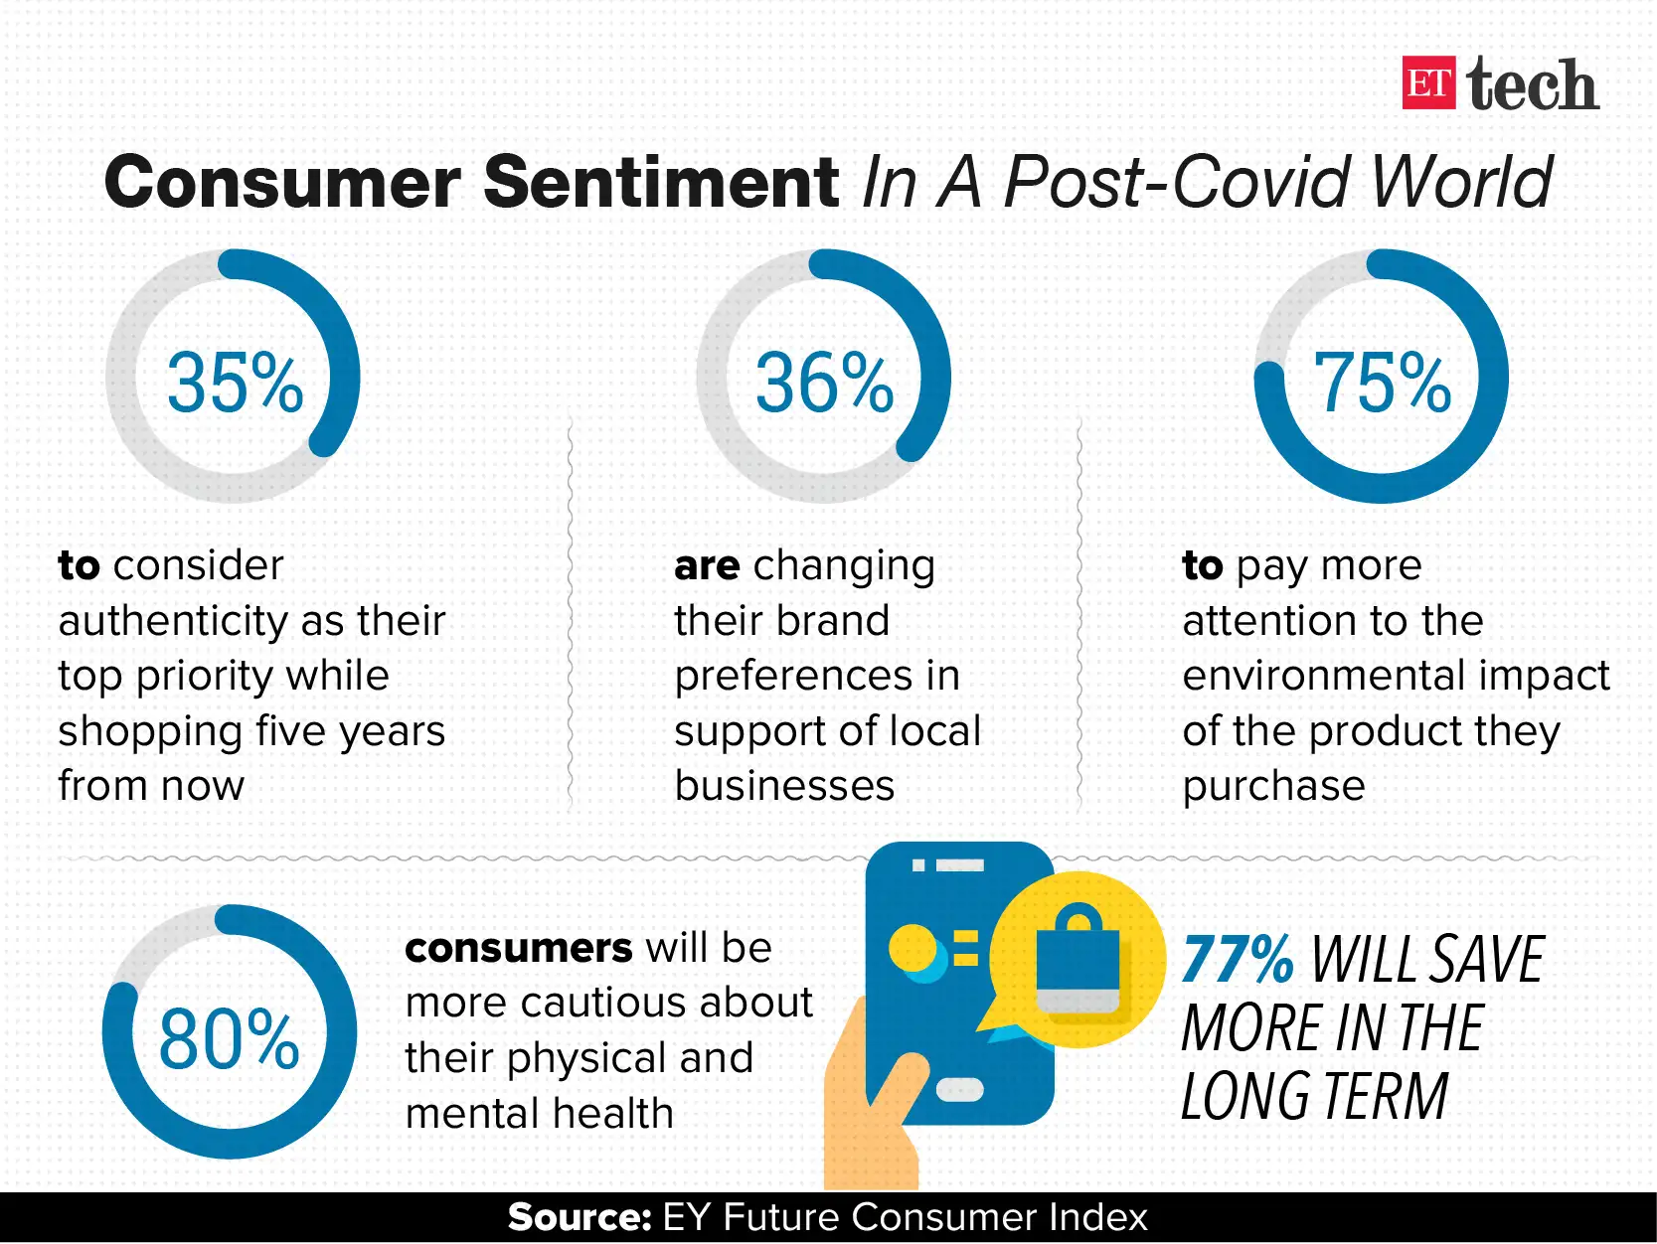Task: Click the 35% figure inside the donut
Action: (235, 383)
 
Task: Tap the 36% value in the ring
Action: (824, 383)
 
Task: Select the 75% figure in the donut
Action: (1382, 383)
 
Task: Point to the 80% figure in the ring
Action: (229, 1038)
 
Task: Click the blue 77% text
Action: (1238, 959)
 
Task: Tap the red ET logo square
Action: (1428, 83)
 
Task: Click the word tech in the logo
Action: (1532, 85)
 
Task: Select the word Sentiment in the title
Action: (661, 183)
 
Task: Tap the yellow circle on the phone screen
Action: (911, 948)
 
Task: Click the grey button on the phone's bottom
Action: (959, 1090)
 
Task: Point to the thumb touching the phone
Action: (895, 1088)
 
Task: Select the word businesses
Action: (784, 786)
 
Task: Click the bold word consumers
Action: (518, 948)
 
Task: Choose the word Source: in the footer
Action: (579, 1217)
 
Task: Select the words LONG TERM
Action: (1314, 1097)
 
